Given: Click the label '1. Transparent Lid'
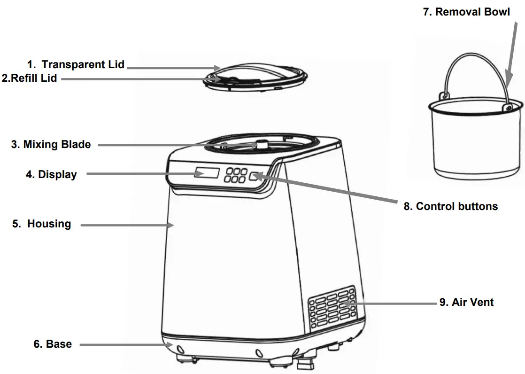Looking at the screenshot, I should (76, 65).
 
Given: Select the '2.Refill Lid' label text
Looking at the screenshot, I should (29, 78).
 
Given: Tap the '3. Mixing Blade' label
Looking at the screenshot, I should (51, 144).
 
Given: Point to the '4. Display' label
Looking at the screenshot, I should (51, 174).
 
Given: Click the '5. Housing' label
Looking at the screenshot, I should (42, 224).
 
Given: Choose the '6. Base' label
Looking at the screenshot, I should (53, 344).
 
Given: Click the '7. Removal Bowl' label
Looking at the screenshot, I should (466, 12).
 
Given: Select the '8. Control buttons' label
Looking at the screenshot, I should (450, 206).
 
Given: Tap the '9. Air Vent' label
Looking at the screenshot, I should (466, 302).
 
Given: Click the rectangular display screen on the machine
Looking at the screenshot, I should (207, 173).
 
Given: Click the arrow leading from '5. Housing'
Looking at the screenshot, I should (127, 226).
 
